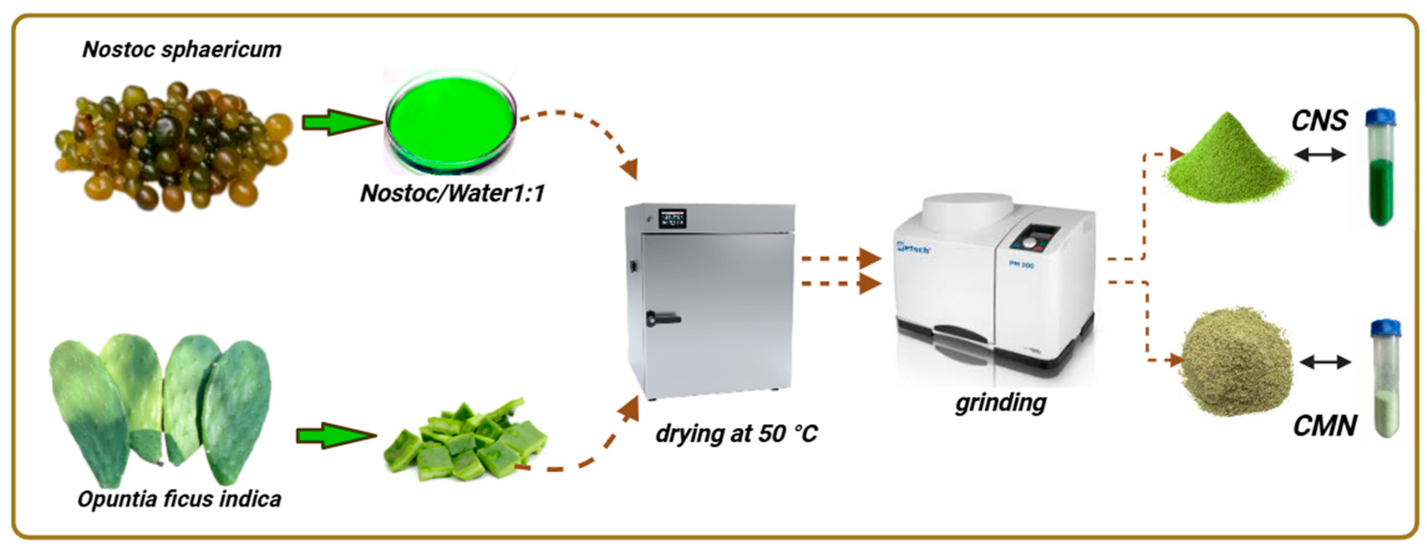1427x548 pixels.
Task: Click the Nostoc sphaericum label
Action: [x=181, y=50]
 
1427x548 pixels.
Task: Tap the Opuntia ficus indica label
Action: [x=179, y=499]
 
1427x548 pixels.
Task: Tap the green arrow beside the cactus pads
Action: [x=335, y=436]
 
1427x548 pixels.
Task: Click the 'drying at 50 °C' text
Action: [x=736, y=433]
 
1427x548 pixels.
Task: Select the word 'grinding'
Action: [x=1000, y=403]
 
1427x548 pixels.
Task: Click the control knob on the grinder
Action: [x=1028, y=242]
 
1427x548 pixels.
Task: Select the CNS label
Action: [x=1319, y=121]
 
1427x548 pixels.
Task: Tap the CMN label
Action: [x=1325, y=425]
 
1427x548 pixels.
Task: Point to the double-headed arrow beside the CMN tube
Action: [x=1325, y=362]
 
